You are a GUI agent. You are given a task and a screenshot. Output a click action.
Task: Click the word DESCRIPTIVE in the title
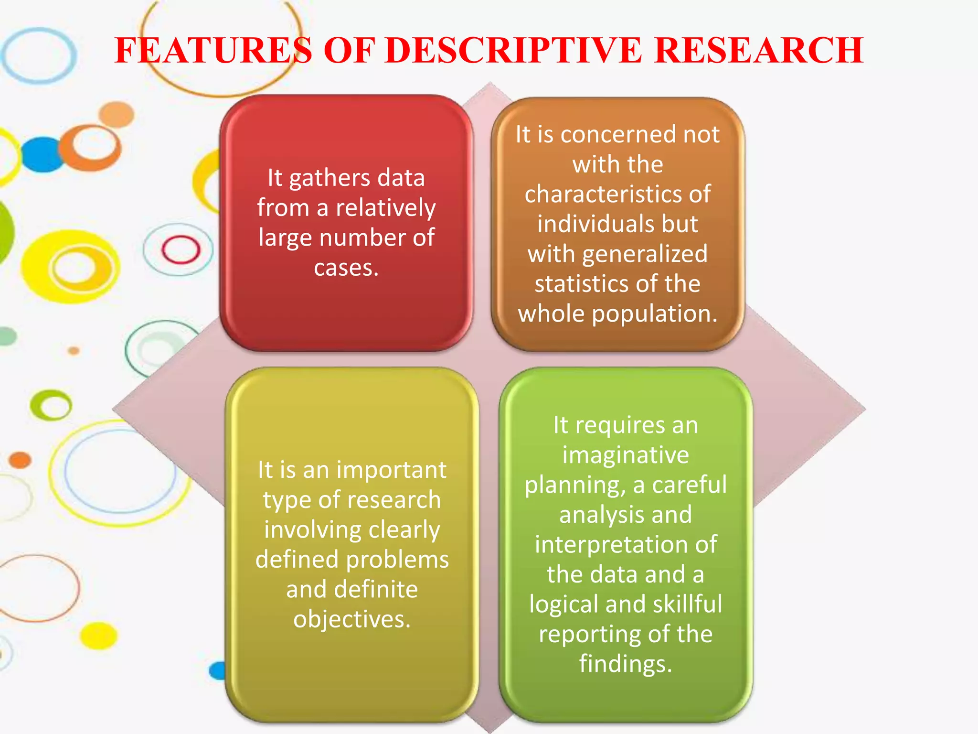(x=513, y=50)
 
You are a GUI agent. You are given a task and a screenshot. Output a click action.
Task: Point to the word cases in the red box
(x=343, y=268)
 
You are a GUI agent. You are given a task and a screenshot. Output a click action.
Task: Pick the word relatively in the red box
(x=385, y=208)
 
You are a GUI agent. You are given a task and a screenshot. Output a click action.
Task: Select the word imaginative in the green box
(x=626, y=455)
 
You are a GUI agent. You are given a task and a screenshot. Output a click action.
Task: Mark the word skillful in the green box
(x=687, y=604)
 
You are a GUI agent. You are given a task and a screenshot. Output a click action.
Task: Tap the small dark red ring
(x=181, y=249)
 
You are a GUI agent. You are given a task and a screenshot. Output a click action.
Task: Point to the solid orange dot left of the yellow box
(x=20, y=460)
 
